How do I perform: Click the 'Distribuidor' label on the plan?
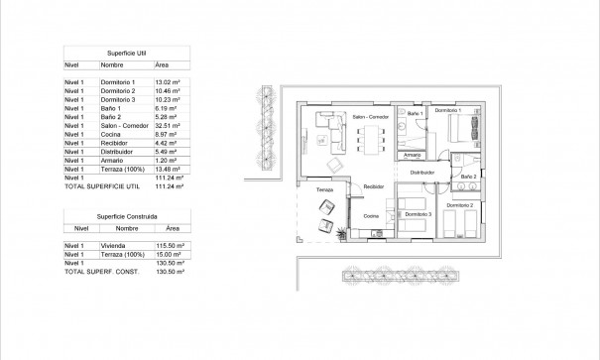[422, 171]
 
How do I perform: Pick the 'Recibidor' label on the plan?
[373, 185]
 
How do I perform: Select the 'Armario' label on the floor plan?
[413, 155]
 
